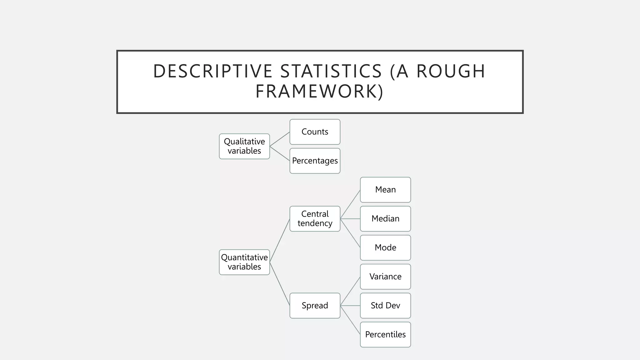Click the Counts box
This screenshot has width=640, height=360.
click(x=315, y=132)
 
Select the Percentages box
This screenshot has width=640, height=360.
click(x=315, y=161)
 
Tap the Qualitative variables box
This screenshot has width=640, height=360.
click(x=244, y=146)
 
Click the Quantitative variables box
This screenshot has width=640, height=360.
click(x=244, y=262)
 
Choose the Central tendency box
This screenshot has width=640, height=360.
click(x=315, y=219)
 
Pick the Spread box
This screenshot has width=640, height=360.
click(x=315, y=306)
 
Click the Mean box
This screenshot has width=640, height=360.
click(x=385, y=190)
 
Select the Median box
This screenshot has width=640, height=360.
click(x=385, y=219)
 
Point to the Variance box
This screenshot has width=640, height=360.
click(x=385, y=277)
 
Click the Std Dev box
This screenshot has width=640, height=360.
click(x=385, y=306)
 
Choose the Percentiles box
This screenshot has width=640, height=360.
click(x=385, y=335)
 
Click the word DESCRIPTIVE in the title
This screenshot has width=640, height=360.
click(x=212, y=71)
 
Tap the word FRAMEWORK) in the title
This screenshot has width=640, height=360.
click(x=319, y=92)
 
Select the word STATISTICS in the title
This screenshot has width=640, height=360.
click(x=331, y=71)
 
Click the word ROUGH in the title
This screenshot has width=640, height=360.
click(x=451, y=71)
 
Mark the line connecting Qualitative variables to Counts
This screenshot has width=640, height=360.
click(x=280, y=139)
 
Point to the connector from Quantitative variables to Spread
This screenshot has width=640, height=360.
click(x=280, y=284)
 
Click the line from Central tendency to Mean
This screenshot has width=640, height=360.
click(x=350, y=204)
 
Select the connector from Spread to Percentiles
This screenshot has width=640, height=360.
click(x=350, y=320)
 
